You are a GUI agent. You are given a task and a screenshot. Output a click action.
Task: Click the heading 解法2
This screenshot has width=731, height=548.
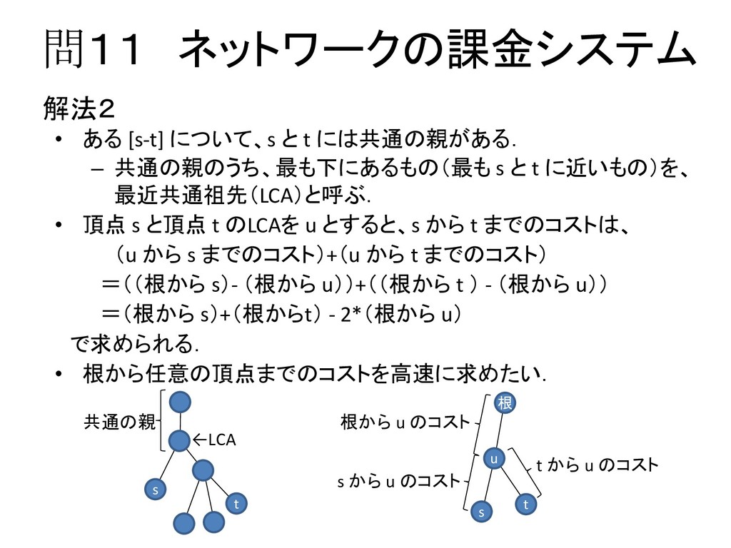click(79, 110)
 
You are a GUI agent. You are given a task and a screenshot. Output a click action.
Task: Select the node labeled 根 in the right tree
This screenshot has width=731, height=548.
click(505, 403)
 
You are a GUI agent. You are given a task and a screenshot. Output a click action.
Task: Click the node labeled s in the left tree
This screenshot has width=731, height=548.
click(155, 490)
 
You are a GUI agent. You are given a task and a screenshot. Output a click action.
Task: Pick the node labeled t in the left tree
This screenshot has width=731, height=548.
click(236, 504)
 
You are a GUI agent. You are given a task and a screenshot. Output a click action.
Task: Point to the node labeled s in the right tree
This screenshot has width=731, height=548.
click(481, 512)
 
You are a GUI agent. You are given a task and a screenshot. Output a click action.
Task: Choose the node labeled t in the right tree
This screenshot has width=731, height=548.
click(527, 504)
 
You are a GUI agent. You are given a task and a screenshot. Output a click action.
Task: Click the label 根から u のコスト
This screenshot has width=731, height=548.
click(405, 422)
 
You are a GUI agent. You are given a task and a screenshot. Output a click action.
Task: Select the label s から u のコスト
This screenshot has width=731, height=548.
click(398, 482)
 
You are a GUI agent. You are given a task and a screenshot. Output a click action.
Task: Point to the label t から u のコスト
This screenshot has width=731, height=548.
click(597, 465)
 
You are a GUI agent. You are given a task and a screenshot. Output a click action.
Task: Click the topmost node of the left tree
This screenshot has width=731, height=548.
click(181, 402)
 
